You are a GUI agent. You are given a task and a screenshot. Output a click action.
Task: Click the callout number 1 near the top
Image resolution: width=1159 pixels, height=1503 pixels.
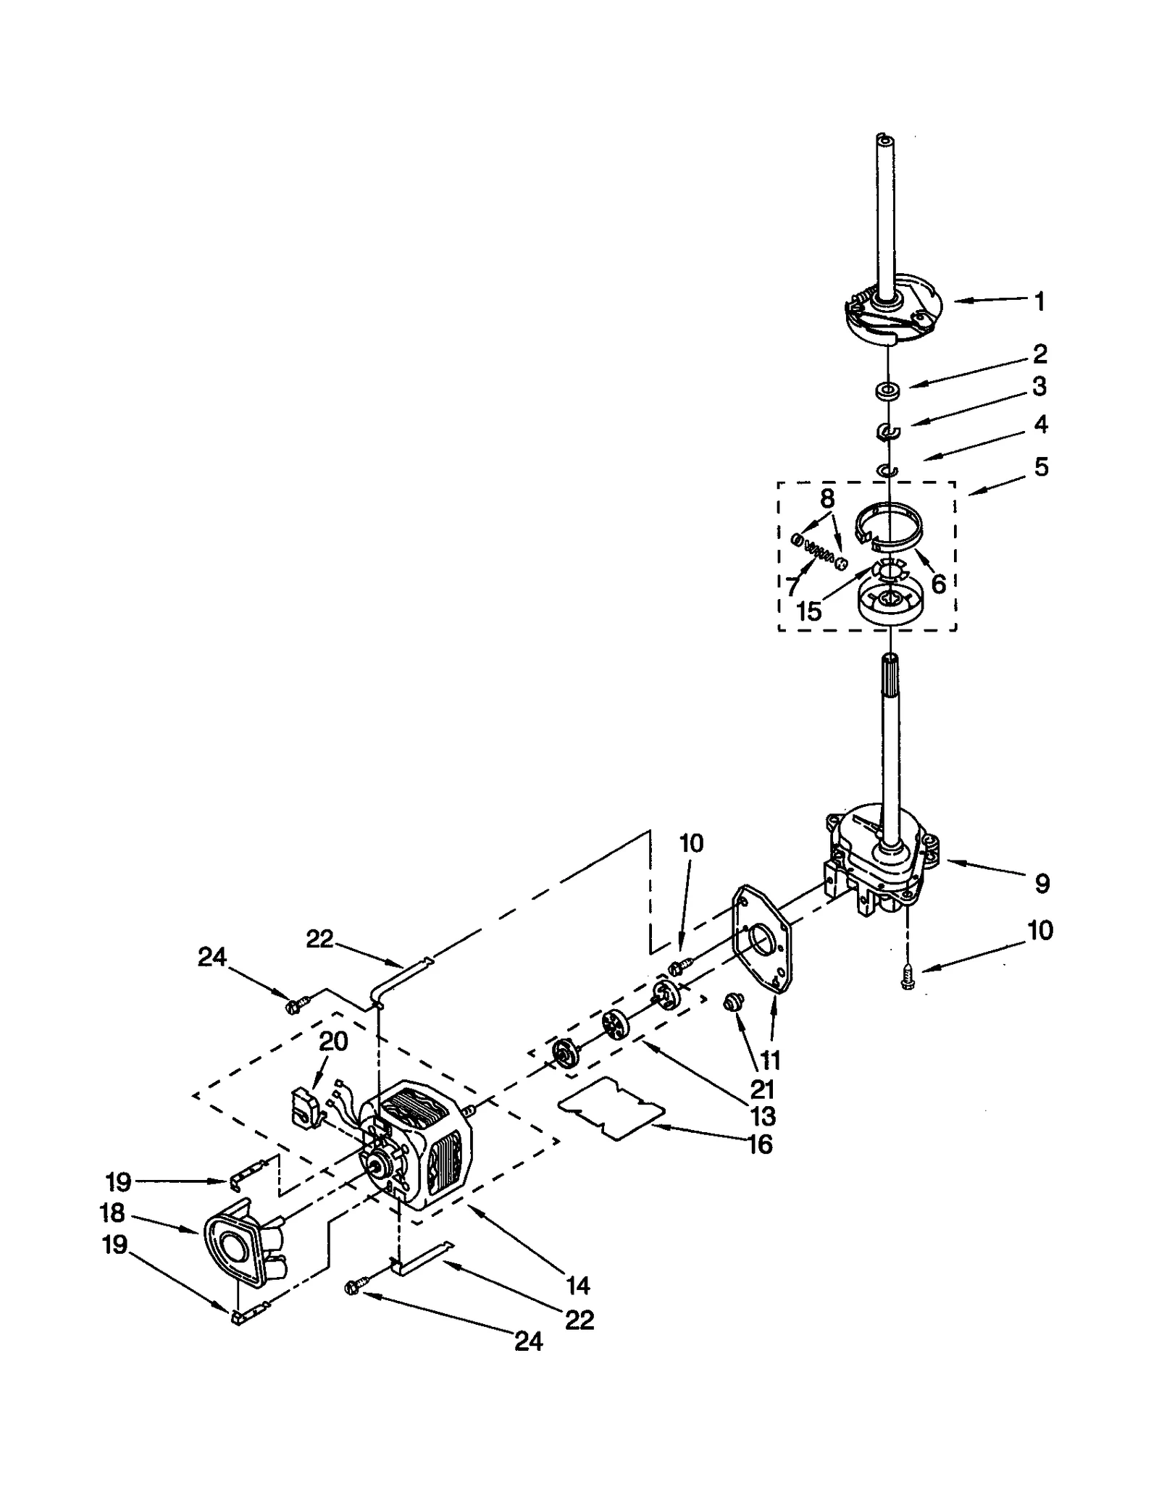tap(1039, 301)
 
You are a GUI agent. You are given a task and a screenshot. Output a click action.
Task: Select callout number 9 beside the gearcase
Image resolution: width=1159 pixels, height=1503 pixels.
tap(1042, 883)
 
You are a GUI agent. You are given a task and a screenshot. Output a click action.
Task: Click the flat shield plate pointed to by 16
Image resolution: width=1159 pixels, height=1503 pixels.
tap(613, 1113)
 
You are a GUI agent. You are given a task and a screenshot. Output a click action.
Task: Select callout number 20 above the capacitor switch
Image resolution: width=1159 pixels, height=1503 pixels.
tap(333, 1042)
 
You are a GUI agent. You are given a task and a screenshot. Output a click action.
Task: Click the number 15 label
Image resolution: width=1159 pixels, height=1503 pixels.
tap(808, 611)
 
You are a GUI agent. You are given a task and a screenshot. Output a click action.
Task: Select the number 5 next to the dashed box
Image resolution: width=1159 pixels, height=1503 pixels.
tap(1041, 467)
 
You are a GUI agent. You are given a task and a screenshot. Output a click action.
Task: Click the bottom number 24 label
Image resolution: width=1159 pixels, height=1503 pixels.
tap(528, 1341)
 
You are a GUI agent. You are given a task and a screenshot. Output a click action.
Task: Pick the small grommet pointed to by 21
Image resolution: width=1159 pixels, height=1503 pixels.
tap(732, 1002)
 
